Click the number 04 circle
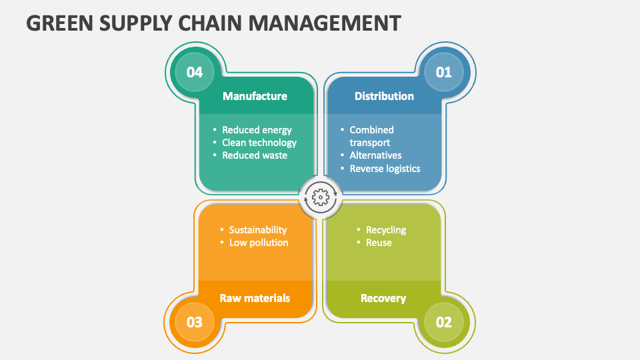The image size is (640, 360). (195, 71)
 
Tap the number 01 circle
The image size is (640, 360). (443, 71)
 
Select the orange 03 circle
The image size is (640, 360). (195, 322)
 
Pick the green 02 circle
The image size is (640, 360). (443, 322)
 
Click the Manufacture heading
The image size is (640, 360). (255, 96)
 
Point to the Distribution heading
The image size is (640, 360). (384, 96)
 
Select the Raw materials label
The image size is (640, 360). (255, 298)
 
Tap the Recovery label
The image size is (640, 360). (383, 298)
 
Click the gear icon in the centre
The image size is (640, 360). (320, 197)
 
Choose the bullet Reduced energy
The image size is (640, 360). (257, 130)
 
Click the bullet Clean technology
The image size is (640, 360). (259, 142)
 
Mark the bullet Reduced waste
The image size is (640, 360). (255, 155)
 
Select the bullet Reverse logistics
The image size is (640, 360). (385, 169)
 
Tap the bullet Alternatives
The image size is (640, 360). (375, 155)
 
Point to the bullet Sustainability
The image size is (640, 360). (258, 230)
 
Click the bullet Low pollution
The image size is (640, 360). (259, 243)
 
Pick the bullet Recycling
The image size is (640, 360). (386, 230)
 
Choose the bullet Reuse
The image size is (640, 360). (379, 243)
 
